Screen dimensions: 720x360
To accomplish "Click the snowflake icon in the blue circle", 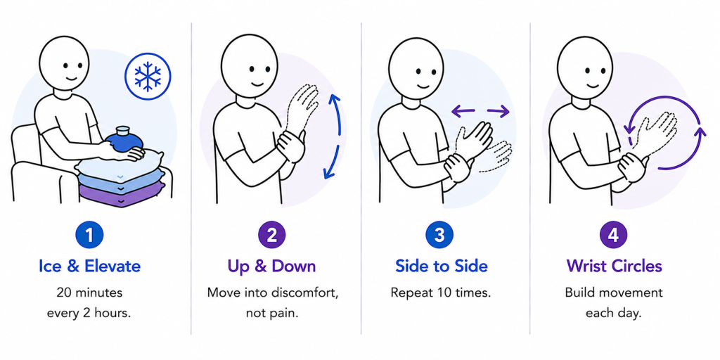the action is [148, 76].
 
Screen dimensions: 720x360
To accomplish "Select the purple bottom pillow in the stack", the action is [122, 194].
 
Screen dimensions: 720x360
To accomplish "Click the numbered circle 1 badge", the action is [89, 235].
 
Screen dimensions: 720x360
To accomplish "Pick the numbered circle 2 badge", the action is [271, 235].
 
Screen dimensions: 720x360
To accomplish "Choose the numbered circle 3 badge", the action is [439, 235].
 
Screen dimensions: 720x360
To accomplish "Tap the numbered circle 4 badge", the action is [613, 235].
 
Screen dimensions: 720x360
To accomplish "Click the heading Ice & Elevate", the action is [89, 266].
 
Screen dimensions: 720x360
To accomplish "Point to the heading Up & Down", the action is [271, 266].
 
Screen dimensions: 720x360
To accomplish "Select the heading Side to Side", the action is [441, 266].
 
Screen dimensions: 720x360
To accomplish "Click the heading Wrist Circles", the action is [614, 266].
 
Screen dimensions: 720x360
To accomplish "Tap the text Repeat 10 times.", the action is [441, 292].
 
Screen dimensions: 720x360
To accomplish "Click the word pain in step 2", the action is [283, 314].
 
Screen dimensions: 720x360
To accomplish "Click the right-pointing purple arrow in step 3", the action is [499, 110].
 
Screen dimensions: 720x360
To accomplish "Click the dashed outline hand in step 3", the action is [495, 156].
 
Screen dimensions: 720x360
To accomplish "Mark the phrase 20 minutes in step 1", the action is [89, 292].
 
